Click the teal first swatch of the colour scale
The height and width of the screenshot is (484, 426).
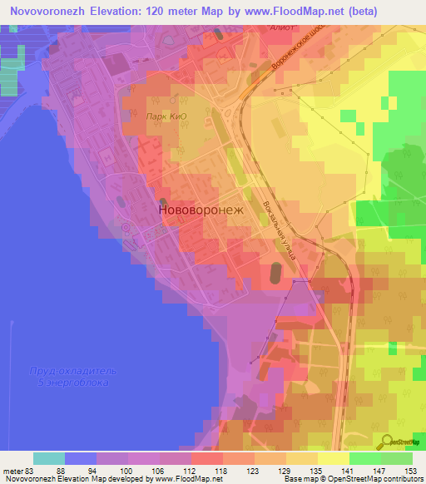[49, 458]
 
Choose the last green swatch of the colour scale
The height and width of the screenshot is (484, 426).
[397, 458]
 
